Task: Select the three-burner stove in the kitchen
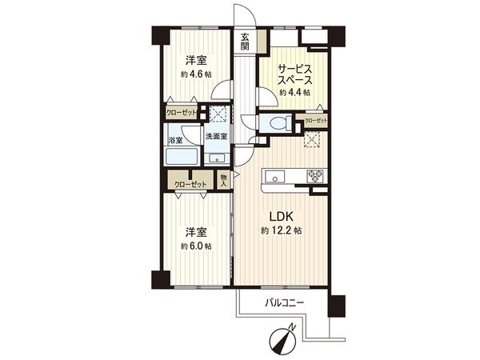[x=312, y=176]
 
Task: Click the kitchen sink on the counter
[x=270, y=175]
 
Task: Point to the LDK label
[x=279, y=216]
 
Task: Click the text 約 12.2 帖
[x=279, y=230]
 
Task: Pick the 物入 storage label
[x=224, y=180]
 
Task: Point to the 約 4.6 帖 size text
[x=196, y=74]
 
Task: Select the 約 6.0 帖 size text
[x=196, y=246]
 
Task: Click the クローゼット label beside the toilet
[x=315, y=121]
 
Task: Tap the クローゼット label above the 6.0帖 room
[x=191, y=184]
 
